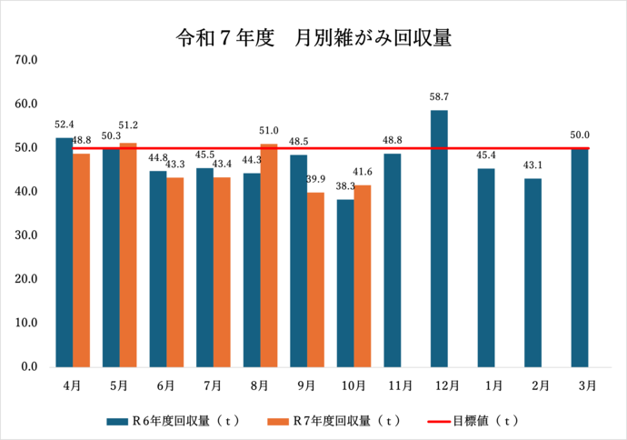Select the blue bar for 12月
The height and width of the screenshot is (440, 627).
439,238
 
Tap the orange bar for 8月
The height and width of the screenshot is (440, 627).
268,255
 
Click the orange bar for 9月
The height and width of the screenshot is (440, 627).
314,280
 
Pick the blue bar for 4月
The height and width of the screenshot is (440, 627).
64,252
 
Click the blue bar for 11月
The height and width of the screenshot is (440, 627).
392,260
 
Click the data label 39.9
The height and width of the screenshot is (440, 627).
316,179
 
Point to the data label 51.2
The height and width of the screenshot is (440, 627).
127,125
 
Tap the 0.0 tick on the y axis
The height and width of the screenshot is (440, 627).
27,367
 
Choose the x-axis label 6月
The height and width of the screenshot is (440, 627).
165,385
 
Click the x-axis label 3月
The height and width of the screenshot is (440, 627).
587,385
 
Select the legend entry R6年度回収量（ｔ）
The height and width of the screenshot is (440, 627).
173,421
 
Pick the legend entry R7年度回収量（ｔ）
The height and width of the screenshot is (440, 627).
334,421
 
